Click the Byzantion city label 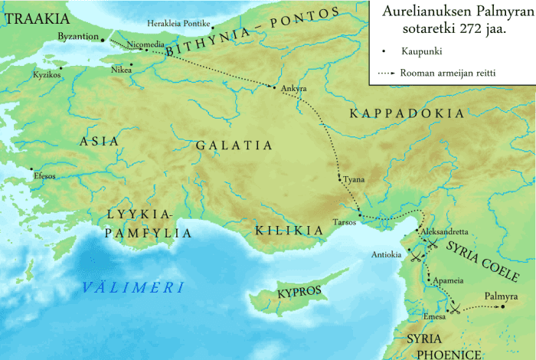(x=78, y=36)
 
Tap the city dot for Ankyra (x=274, y=87)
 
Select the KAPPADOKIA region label (x=406, y=114)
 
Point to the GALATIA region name (x=234, y=145)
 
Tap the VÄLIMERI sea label (x=134, y=288)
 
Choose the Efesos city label (x=45, y=175)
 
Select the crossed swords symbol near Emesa (x=455, y=308)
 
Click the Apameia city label (x=448, y=280)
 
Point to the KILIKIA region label (x=288, y=230)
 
